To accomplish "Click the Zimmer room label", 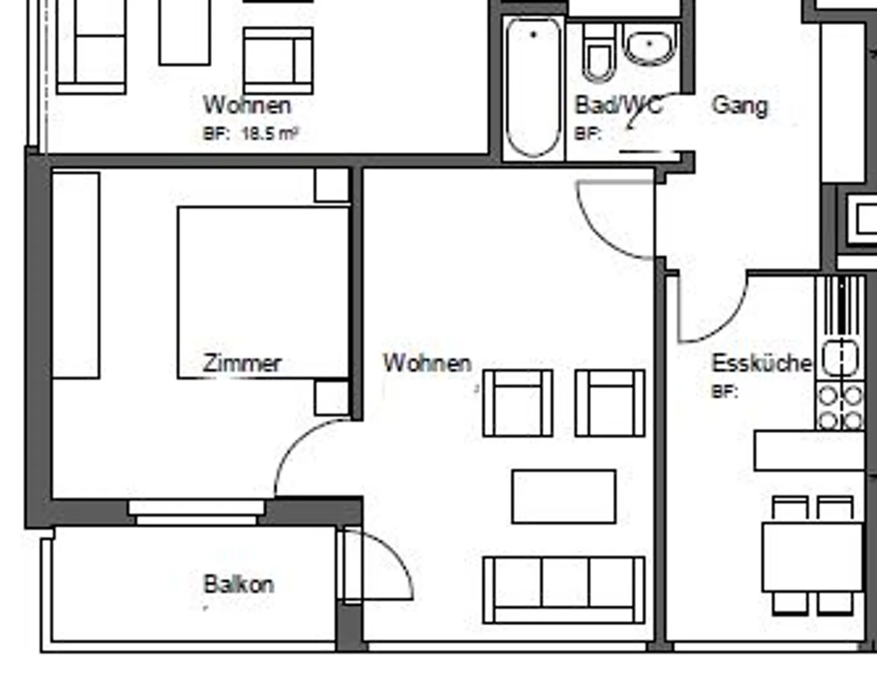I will pos(242,364).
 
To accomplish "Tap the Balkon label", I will pos(238,585).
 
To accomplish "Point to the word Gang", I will pos(739,105).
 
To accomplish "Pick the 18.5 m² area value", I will pos(270,134).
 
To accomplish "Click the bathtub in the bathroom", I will pos(534,87).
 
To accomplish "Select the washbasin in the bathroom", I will pos(650,44).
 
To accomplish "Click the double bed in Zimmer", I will pos(263,292).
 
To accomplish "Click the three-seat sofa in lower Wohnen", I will pos(564,590).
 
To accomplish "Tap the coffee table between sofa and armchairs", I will pos(564,496).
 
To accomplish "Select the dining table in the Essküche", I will pos(812,556).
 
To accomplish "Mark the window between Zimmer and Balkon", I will pos(196,512).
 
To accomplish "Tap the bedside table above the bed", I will pos(331,185).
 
